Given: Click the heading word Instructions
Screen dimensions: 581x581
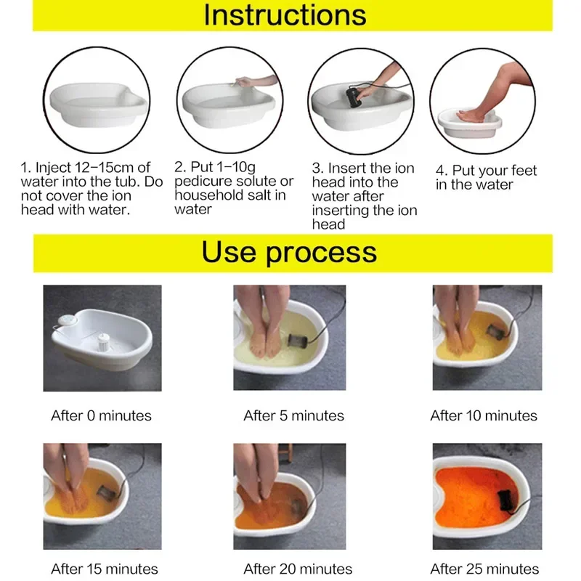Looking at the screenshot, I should [x=285, y=15].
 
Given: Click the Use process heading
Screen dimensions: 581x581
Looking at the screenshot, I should [x=289, y=252].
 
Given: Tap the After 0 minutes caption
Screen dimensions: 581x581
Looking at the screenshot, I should [x=101, y=416].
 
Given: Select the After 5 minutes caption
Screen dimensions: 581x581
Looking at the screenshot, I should [x=293, y=416].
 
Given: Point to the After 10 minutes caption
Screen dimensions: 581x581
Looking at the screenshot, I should [x=484, y=416].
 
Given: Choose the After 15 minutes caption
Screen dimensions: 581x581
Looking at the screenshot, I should [x=105, y=569].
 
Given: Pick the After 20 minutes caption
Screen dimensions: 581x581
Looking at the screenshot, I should [x=298, y=569].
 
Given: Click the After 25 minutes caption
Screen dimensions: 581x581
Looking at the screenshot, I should [x=484, y=569].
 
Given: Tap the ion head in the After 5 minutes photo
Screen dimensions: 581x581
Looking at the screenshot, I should [x=298, y=340].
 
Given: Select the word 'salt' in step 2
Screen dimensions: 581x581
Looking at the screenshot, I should [x=273, y=195].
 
